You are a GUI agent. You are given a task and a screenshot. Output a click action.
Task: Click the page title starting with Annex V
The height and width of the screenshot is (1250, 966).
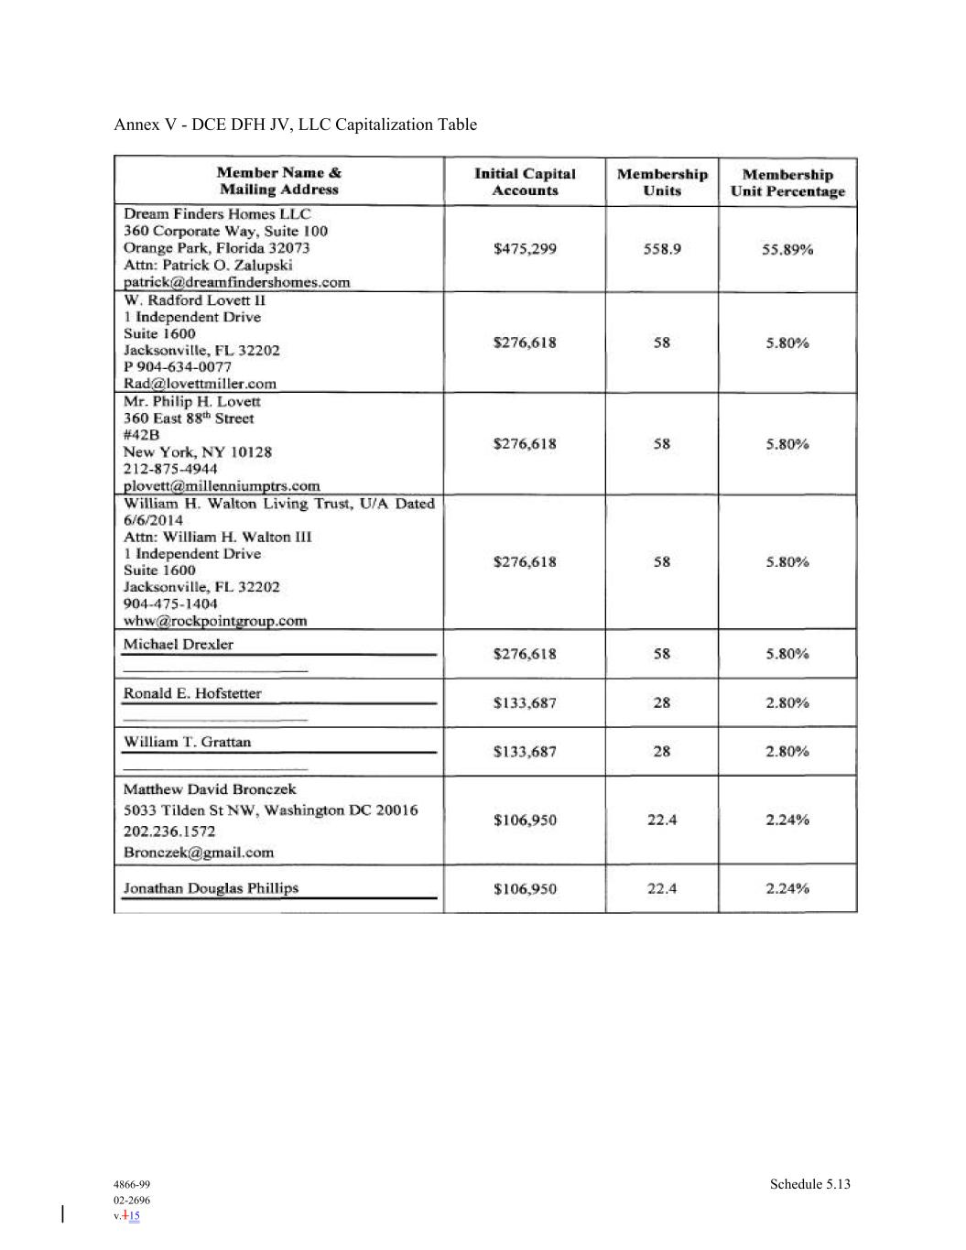(295, 125)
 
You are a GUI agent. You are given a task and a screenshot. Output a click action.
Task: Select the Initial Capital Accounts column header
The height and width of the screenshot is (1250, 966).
(525, 182)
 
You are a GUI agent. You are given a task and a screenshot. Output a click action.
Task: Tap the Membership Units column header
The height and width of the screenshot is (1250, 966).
(662, 182)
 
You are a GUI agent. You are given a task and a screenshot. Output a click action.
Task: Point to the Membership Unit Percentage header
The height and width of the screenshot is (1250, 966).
(787, 183)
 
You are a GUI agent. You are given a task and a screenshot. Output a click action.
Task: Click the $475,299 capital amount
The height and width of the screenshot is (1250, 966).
(525, 248)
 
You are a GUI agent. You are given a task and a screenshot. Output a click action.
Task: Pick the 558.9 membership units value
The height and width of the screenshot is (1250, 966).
(662, 249)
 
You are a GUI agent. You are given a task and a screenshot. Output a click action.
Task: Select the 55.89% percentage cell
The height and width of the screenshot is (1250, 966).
(787, 249)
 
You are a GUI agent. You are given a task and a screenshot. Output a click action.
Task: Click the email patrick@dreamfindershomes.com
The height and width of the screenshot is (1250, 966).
(237, 282)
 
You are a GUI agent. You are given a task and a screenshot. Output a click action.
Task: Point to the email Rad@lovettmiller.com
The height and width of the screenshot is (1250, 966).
(200, 384)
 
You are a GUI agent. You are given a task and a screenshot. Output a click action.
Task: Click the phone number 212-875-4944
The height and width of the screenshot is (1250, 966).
(170, 469)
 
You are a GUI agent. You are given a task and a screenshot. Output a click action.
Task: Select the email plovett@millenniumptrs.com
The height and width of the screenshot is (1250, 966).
(222, 485)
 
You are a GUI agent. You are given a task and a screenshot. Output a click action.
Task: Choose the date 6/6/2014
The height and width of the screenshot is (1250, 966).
(153, 520)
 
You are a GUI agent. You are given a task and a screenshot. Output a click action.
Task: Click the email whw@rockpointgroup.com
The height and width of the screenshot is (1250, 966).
(215, 621)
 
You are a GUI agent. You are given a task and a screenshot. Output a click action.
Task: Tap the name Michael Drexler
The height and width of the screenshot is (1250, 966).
(179, 645)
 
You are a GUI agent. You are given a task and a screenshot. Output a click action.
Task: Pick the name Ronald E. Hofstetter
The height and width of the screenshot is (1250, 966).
(192, 693)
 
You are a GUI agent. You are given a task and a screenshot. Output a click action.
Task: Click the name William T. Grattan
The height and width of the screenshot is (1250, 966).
(187, 742)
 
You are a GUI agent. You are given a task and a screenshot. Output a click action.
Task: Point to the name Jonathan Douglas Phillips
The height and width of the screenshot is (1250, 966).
(211, 888)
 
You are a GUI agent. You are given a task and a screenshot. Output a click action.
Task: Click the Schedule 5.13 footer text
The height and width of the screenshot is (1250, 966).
(809, 1184)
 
